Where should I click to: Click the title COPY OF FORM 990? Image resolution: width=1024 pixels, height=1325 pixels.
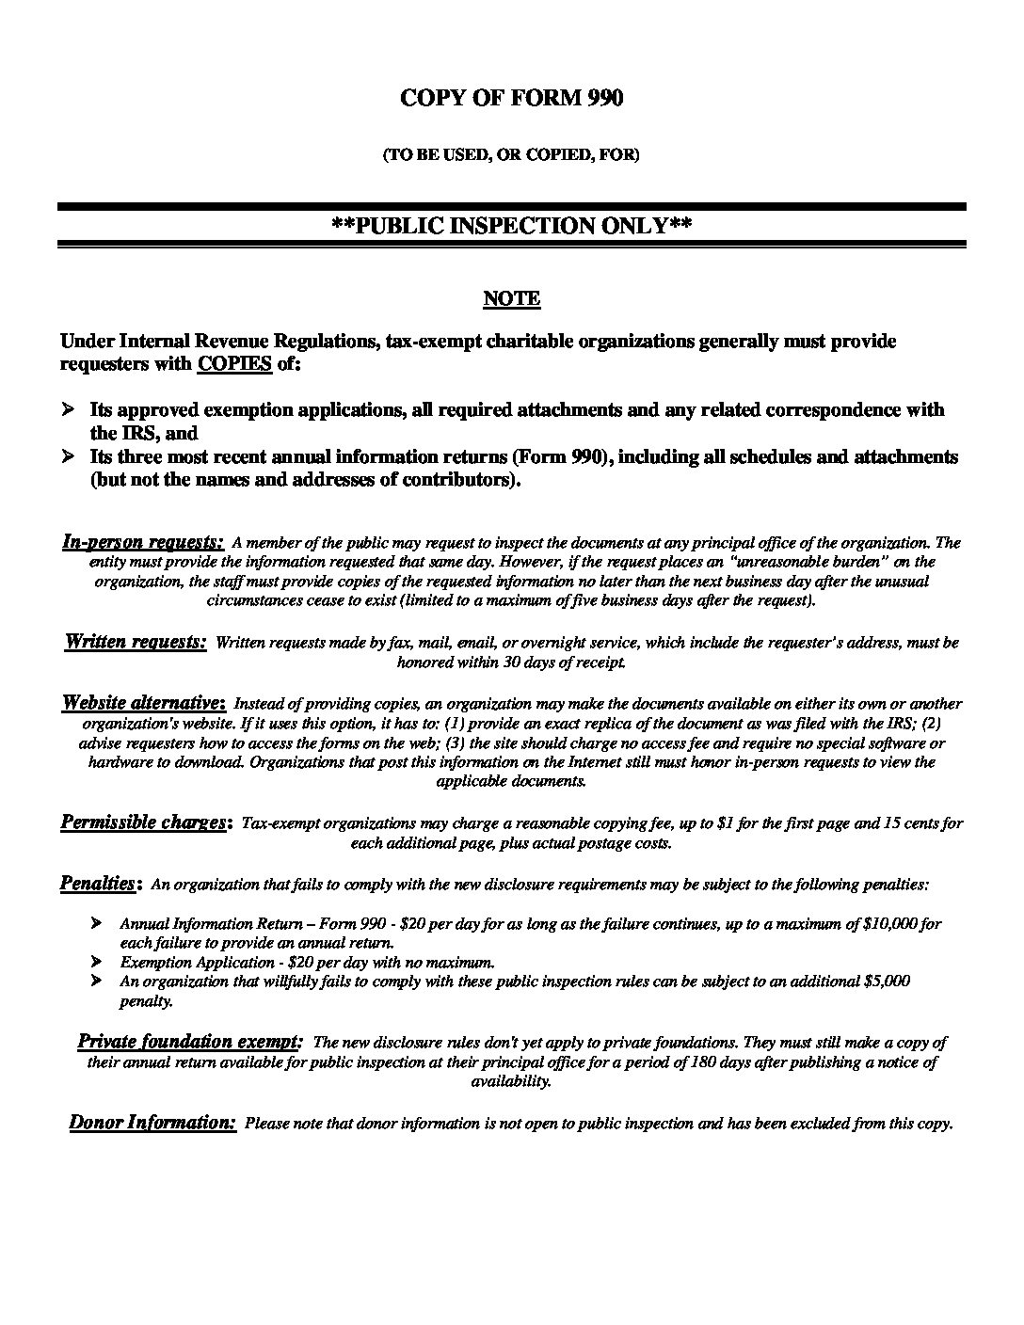[x=511, y=98]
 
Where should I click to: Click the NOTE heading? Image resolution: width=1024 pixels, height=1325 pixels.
[x=511, y=298]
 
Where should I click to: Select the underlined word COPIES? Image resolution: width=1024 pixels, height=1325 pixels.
[x=234, y=364]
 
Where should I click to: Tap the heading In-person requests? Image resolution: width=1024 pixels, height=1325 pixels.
[x=142, y=541]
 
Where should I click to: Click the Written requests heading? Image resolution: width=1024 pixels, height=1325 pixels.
[x=136, y=642]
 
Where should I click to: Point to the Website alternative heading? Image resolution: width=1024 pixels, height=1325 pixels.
[x=143, y=702]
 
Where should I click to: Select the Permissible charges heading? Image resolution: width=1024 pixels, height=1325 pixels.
[x=145, y=822]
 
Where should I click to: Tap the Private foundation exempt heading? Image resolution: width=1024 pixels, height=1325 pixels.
[x=189, y=1041]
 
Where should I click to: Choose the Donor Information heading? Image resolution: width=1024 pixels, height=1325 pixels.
[x=152, y=1122]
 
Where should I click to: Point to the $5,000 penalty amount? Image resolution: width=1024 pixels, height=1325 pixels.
[x=886, y=981]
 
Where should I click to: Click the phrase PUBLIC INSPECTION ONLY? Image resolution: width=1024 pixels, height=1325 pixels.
[x=512, y=226]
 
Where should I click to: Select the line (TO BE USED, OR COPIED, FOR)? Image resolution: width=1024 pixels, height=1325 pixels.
[x=511, y=155]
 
